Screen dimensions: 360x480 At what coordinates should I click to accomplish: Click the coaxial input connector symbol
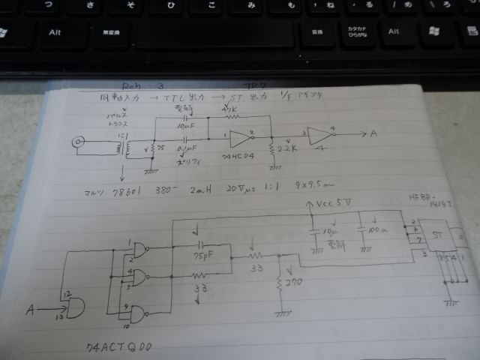coord(76,141)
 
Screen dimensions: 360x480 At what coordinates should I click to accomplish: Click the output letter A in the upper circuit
coord(373,134)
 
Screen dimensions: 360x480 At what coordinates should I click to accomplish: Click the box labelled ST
coord(436,235)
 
